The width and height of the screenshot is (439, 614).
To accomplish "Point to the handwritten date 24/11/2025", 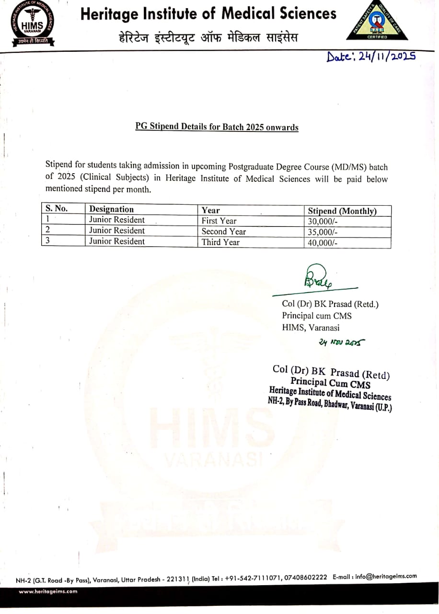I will (x=370, y=56).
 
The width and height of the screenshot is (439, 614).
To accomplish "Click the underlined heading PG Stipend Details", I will (x=217, y=127).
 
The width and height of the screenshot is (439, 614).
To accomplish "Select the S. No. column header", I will (x=57, y=209).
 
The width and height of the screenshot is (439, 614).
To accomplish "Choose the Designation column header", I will (x=112, y=209).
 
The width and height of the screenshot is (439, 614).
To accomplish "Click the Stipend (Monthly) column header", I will (x=342, y=211).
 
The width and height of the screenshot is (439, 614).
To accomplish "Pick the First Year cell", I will (x=219, y=221).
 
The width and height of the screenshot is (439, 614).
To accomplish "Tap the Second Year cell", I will (x=223, y=231).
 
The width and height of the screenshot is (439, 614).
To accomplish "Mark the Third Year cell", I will (x=220, y=242).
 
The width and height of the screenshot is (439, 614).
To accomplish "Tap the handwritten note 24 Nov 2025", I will (x=341, y=342).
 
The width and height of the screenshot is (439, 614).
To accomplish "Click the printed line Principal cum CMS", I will (x=317, y=316).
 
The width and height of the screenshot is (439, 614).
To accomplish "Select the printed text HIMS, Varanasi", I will (x=311, y=328).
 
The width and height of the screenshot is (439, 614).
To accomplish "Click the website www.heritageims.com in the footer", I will (x=48, y=591).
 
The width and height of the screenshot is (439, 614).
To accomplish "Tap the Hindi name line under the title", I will (x=208, y=37).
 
